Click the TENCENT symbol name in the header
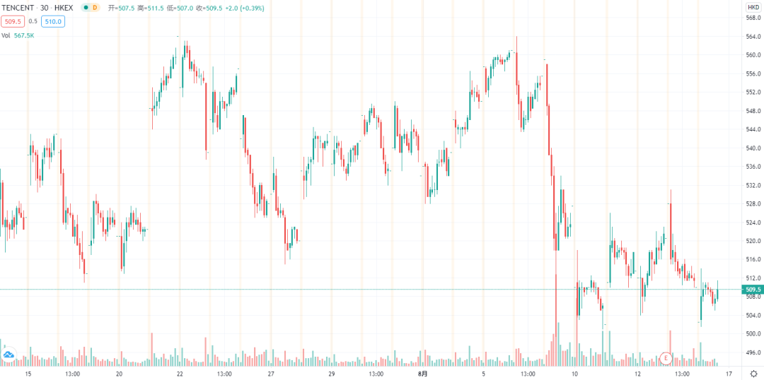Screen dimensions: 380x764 (19, 7)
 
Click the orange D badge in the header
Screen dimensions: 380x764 (95, 7)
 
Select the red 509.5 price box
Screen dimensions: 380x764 (13, 22)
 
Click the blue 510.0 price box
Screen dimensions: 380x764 (52, 22)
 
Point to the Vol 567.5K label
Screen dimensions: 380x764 (17, 35)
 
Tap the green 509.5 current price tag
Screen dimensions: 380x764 (753, 290)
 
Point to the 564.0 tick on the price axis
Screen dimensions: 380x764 (753, 37)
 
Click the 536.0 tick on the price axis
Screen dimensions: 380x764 (753, 167)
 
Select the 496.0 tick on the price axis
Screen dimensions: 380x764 (753, 352)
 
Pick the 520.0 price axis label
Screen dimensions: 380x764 (753, 241)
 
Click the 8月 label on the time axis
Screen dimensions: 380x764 (422, 373)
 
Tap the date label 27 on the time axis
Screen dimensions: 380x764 (271, 373)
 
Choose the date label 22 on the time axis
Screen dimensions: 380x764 (180, 373)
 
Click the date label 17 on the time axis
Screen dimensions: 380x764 (728, 373)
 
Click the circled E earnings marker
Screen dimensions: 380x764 (665, 359)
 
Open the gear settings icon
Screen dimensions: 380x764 (753, 373)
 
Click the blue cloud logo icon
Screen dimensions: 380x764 (9, 355)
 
